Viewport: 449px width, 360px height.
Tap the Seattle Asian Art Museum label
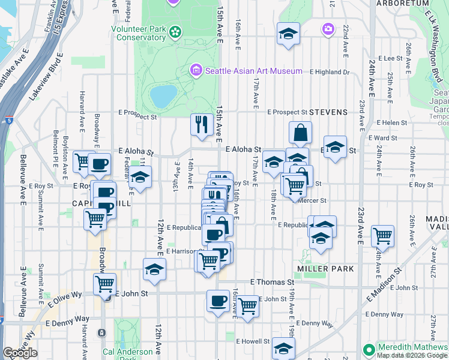(253, 71)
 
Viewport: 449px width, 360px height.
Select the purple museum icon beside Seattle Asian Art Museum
(196, 71)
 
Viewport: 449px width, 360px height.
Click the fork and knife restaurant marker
(200, 125)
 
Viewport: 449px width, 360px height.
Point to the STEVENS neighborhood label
(328, 112)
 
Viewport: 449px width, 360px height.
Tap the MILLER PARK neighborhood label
(325, 268)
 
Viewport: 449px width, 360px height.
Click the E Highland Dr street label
(329, 73)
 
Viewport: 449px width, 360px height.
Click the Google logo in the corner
(20, 353)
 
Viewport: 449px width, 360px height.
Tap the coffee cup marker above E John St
(217, 300)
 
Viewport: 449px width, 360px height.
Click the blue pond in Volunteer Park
(163, 94)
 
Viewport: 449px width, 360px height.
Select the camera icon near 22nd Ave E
(328, 28)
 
